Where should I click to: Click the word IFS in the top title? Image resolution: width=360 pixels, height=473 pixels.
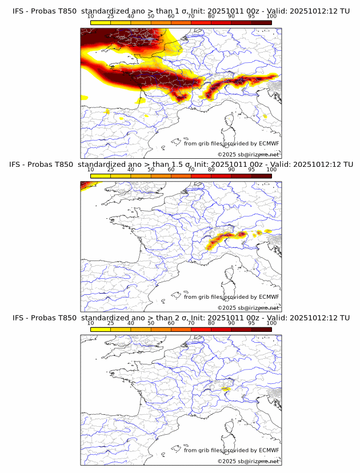(x=18, y=11)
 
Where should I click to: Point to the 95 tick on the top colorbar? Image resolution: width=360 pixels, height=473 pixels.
(x=251, y=16)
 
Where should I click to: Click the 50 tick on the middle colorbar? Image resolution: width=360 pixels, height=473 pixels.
(x=151, y=169)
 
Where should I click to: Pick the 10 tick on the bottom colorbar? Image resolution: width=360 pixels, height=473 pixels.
(x=90, y=323)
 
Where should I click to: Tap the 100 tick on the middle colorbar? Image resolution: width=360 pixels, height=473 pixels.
(x=271, y=169)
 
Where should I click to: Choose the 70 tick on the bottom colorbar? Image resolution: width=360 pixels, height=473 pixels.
(x=191, y=323)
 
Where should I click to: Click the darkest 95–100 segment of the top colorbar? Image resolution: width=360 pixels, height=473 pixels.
(x=262, y=22)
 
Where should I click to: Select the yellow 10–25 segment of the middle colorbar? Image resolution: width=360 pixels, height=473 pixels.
(x=101, y=175)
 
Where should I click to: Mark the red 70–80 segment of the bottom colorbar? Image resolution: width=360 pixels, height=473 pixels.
(x=201, y=329)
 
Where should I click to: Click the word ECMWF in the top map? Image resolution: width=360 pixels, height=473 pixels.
(x=269, y=144)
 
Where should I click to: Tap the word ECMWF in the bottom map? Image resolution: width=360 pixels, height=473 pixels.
(x=269, y=450)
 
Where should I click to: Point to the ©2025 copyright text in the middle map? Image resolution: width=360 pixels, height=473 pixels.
(x=248, y=308)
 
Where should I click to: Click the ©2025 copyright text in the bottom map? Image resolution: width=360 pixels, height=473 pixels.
(x=248, y=461)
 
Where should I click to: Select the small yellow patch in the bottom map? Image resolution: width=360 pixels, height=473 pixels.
(x=226, y=388)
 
